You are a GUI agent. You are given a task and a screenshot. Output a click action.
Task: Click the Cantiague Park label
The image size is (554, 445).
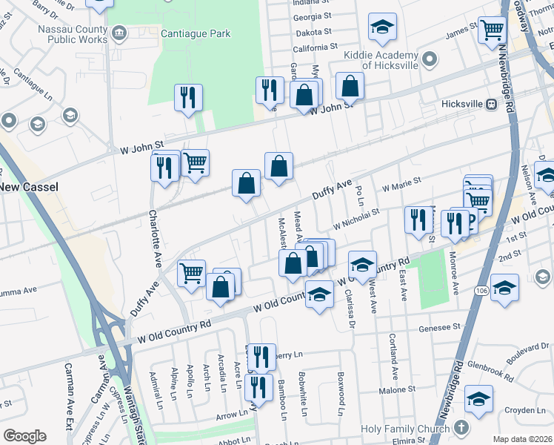point(188,33)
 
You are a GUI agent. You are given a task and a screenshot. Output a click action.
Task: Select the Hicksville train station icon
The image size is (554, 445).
point(491,105)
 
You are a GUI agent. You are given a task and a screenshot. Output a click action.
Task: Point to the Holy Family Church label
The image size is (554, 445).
point(405,429)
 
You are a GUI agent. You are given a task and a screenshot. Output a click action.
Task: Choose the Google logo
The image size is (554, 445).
point(25,435)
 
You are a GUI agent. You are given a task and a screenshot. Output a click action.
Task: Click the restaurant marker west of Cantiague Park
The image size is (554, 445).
point(188,96)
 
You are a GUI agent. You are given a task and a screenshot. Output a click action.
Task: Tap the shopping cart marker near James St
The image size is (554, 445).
point(492,30)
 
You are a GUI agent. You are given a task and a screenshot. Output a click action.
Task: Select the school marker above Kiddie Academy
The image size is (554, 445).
point(382,27)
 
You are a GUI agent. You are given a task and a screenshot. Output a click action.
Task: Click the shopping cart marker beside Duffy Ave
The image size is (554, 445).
point(192,272)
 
